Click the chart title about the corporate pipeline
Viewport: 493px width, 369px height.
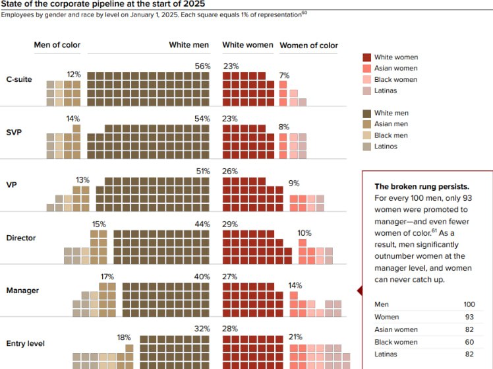click(x=103, y=4)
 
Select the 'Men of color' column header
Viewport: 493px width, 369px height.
click(x=57, y=45)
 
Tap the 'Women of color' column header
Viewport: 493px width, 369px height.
click(x=308, y=46)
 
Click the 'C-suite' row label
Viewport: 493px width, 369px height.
click(x=19, y=80)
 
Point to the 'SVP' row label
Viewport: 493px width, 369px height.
click(x=14, y=132)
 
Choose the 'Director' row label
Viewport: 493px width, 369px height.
click(x=20, y=238)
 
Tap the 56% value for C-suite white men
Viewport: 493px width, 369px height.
click(x=202, y=65)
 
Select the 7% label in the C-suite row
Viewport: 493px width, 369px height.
click(x=284, y=75)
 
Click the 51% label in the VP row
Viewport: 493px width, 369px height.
click(x=202, y=171)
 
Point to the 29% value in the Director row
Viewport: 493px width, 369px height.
click(x=230, y=224)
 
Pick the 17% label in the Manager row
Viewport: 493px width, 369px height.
click(x=107, y=277)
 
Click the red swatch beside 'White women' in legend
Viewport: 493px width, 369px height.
click(x=367, y=57)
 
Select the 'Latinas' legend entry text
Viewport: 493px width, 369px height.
click(x=386, y=90)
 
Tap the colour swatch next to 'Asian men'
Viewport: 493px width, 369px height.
click(x=367, y=124)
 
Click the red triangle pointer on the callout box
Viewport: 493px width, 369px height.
click(x=359, y=290)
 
